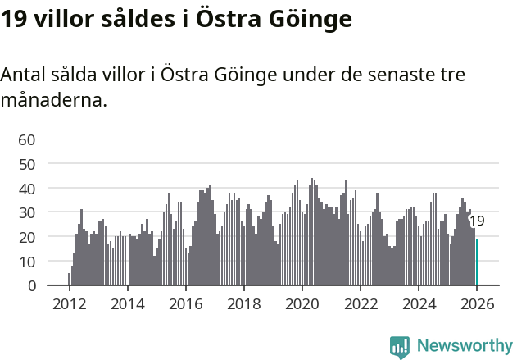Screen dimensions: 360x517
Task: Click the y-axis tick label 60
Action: tap(27, 139)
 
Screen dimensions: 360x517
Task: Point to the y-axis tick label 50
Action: tap(27, 164)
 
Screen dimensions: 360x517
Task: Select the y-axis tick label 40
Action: tap(27, 189)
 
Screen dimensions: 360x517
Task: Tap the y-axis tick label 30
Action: tap(27, 212)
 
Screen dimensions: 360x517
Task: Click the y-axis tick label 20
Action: tap(27, 237)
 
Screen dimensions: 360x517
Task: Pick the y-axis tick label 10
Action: tap(27, 262)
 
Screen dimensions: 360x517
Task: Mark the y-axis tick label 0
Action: tap(31, 285)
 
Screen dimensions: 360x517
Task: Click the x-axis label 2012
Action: tap(69, 304)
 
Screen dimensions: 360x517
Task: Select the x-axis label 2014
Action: tap(127, 304)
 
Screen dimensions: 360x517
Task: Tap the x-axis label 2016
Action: tap(185, 304)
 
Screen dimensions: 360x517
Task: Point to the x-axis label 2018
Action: tap(243, 304)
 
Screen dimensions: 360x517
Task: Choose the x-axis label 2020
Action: tap(302, 304)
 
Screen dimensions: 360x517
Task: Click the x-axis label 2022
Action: tap(360, 304)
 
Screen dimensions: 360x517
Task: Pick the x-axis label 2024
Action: tap(418, 304)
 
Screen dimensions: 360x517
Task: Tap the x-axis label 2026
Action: tap(476, 304)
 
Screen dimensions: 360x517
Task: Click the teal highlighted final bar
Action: tap(477, 262)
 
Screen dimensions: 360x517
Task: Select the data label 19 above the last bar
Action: tap(477, 221)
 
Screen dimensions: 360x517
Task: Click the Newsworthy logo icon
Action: tap(400, 346)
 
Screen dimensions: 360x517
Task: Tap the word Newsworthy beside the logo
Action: tap(465, 346)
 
